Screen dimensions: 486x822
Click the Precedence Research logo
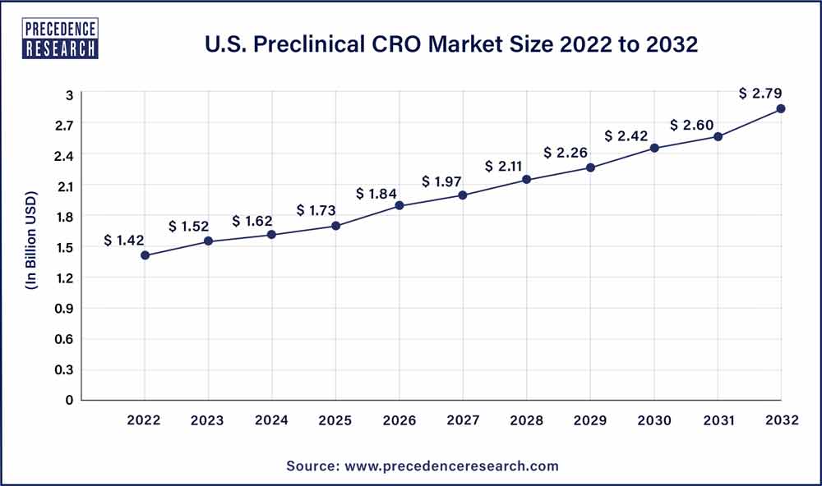pos(62,39)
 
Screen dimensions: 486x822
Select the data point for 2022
pos(145,255)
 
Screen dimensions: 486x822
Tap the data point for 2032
pos(781,108)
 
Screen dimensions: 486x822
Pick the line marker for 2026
pos(399,205)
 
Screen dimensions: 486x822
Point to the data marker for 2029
pos(590,167)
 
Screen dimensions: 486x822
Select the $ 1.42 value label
pos(124,241)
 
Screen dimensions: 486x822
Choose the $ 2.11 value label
pos(505,167)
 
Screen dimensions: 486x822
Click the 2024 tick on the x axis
pos(272,420)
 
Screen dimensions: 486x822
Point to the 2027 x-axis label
pos(463,420)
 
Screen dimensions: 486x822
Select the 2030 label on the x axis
pos(653,420)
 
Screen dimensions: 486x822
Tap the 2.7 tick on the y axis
pos(65,125)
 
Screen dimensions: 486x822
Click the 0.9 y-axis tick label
pos(65,308)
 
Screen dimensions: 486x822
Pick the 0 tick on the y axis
pos(70,400)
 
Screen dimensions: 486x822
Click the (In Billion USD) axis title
pos(34,247)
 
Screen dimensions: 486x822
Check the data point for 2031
pos(718,136)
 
